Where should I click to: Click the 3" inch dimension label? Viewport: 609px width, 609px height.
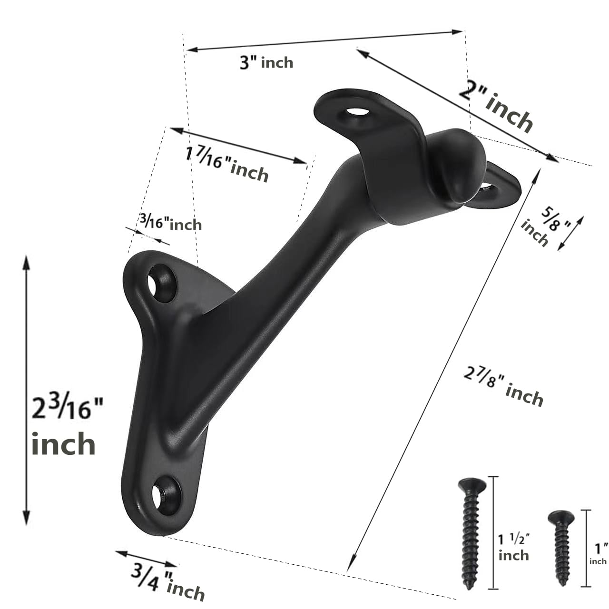[x=266, y=62]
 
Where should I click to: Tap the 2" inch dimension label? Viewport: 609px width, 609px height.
[x=495, y=108]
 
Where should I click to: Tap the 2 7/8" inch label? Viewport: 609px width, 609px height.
[x=503, y=388]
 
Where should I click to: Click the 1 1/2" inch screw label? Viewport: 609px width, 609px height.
[x=514, y=547]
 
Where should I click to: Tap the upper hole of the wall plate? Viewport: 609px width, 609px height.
[x=161, y=284]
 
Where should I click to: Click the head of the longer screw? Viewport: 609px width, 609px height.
[x=471, y=486]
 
